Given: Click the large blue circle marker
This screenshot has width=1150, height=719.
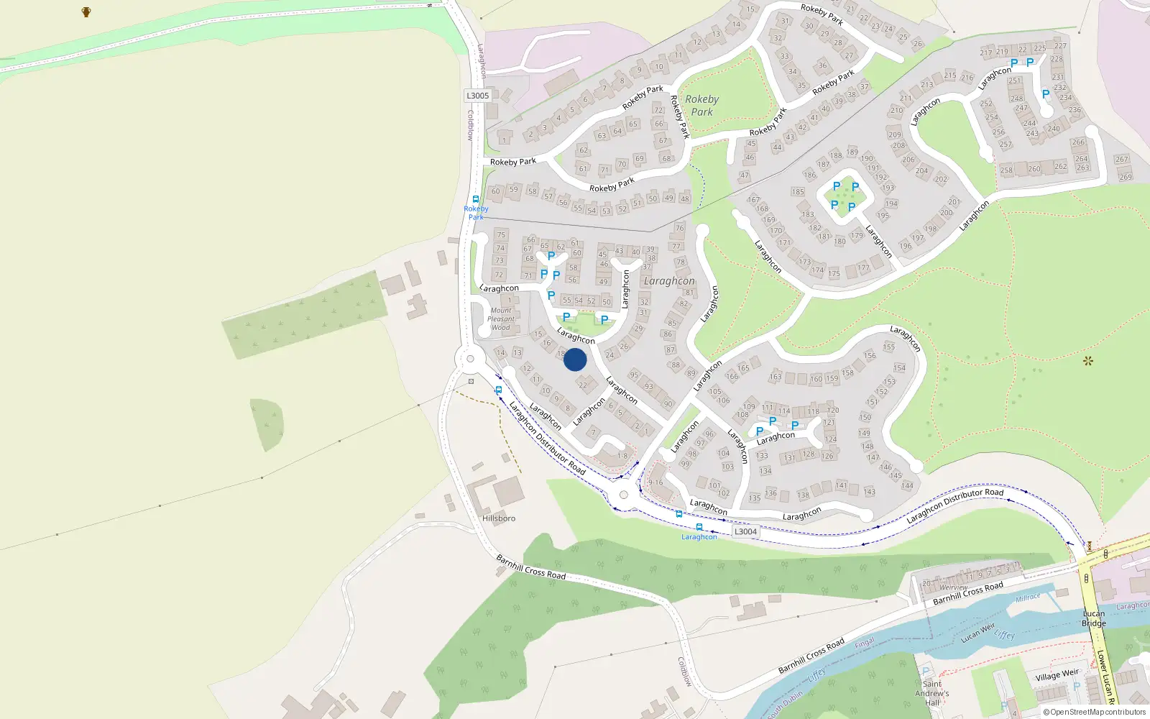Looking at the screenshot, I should coord(575,359).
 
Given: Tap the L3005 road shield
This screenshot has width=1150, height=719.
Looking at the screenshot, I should coord(477,96).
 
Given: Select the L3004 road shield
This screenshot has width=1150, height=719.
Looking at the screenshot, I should coord(745,531).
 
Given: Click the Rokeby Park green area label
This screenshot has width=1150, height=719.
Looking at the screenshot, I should coord(701,105).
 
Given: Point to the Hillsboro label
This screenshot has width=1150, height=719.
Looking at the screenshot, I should coord(499,518).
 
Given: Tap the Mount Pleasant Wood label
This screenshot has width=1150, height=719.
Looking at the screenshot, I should coord(501,319).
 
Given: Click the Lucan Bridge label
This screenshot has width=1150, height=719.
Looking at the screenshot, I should coord(1094,618).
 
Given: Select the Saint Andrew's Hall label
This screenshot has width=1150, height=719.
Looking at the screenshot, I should coord(932,693).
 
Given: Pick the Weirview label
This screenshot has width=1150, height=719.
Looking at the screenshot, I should coord(954,587).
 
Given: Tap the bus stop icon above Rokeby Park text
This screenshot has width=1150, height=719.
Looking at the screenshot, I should coord(475,199).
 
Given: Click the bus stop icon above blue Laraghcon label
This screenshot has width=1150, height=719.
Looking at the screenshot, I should coord(699,527).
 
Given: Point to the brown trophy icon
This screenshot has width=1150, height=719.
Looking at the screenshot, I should coord(86,12).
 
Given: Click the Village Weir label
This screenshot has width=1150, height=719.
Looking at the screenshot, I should coord(1057,675).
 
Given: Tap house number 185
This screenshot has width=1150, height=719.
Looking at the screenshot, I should coord(798,192).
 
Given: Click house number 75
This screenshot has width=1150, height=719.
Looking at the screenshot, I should coord(501,234).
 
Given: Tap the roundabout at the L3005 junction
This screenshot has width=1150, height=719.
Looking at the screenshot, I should coord(470,359).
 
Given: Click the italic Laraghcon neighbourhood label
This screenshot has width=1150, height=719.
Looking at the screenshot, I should coord(669,281).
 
